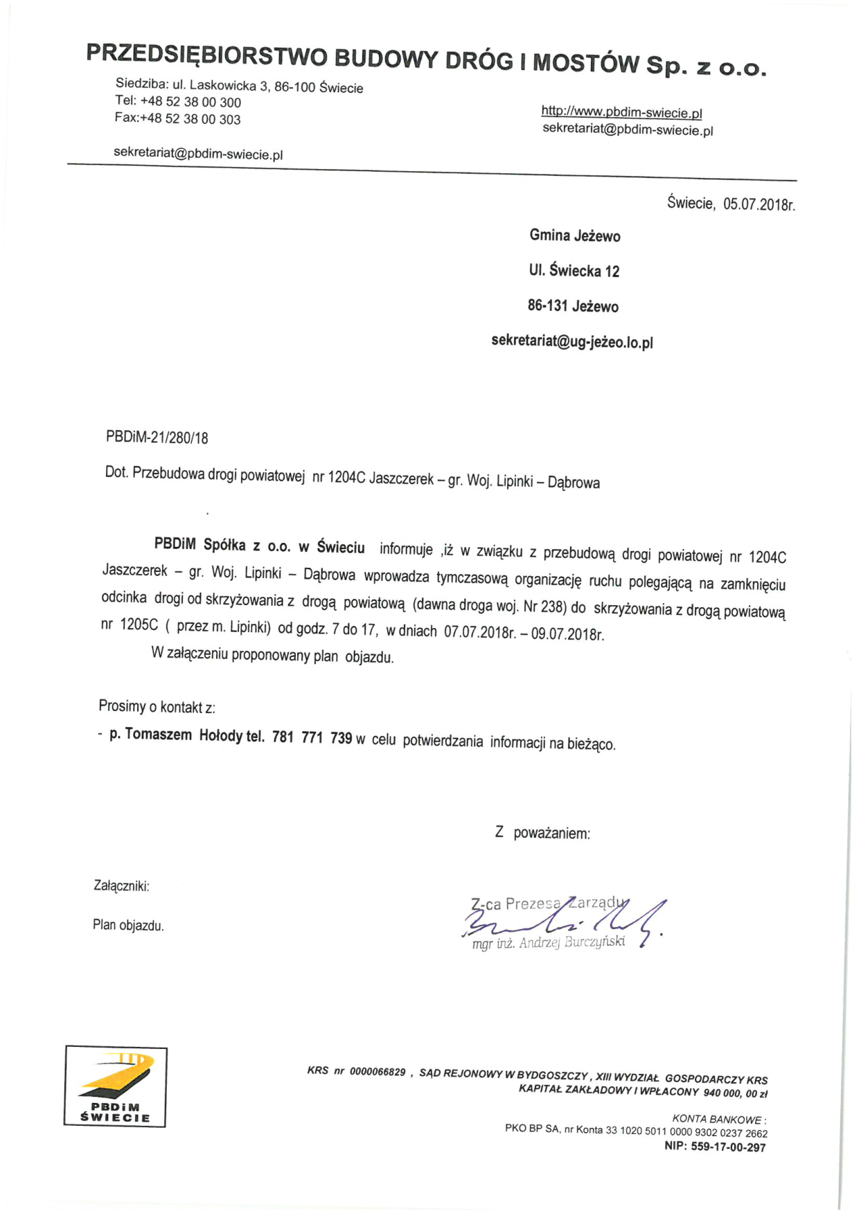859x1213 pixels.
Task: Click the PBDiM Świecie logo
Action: coord(116,1086)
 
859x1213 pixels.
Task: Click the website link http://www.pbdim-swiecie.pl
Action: coord(621,112)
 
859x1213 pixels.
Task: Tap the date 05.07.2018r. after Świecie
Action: coord(759,204)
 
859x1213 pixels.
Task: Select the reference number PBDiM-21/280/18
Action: coord(157,438)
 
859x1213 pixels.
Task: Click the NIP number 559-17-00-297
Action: coord(728,1147)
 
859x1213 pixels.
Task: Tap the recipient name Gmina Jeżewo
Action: coord(575,236)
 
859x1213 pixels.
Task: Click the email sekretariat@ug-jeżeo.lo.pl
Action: coord(572,342)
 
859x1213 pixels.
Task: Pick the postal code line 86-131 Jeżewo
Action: coord(573,306)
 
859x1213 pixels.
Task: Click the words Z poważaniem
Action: coord(542,833)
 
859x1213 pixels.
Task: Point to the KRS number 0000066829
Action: coord(378,1072)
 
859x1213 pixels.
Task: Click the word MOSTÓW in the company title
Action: coord(586,63)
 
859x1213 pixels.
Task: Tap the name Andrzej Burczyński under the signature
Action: coord(572,942)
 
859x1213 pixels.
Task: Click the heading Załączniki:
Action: coord(121,886)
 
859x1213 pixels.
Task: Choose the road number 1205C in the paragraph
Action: coord(139,625)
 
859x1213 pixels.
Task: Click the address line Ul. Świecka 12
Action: coord(574,271)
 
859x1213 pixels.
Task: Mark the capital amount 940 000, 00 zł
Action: coord(735,1093)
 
